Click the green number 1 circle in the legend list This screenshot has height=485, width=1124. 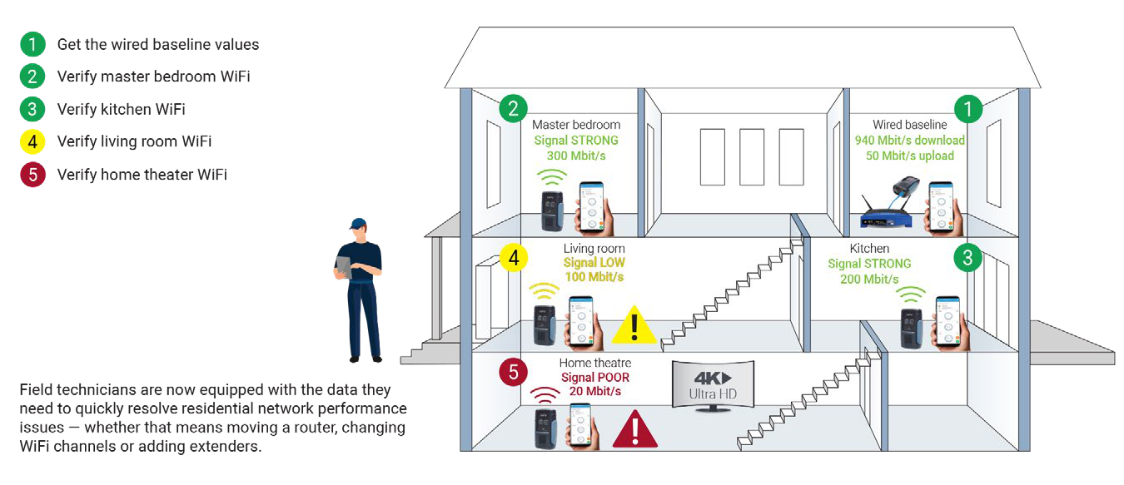click(x=32, y=44)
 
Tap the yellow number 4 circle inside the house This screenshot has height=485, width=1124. click(x=514, y=258)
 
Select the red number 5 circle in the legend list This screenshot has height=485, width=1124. click(x=32, y=175)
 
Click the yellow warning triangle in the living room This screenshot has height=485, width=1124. click(x=634, y=326)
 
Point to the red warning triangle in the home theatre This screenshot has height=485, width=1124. click(x=635, y=430)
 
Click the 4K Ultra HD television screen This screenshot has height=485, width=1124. click(x=713, y=384)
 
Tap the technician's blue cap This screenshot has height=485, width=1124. click(x=358, y=223)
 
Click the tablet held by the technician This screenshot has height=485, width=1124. click(x=344, y=267)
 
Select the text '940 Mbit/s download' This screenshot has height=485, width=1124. click(x=910, y=141)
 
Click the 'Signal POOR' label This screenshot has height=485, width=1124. click(x=595, y=377)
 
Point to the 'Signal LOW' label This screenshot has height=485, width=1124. click(x=594, y=262)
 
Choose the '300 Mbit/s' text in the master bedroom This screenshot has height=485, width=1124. click(x=576, y=156)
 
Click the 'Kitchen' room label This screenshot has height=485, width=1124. click(x=869, y=248)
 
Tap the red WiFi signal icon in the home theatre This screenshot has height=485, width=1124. click(x=545, y=396)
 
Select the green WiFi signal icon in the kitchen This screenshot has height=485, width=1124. click(x=911, y=294)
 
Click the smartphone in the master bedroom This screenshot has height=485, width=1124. click(x=592, y=206)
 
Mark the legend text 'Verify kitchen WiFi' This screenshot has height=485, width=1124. click(x=121, y=109)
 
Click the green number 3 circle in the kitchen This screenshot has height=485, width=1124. click(x=967, y=258)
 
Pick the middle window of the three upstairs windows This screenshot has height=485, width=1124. click(x=752, y=157)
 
